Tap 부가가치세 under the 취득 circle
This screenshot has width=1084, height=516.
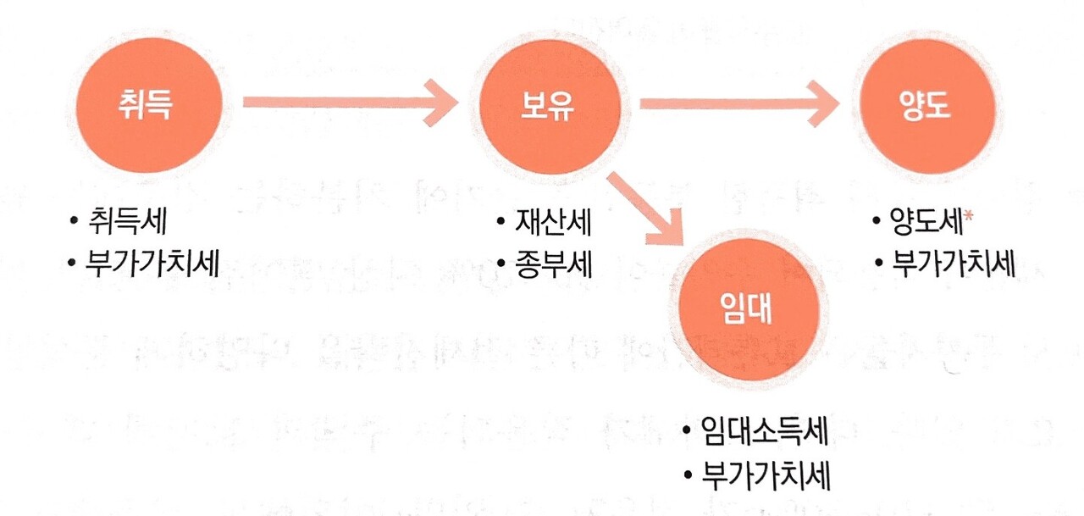click(x=152, y=264)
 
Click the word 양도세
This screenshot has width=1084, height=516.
click(x=928, y=223)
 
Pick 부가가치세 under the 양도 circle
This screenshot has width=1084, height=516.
click(x=954, y=264)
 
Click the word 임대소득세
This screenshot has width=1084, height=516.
click(x=765, y=435)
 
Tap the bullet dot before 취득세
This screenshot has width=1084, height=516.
click(x=75, y=224)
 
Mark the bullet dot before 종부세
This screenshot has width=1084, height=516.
click(x=501, y=264)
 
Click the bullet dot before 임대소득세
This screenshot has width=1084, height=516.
click(x=688, y=436)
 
